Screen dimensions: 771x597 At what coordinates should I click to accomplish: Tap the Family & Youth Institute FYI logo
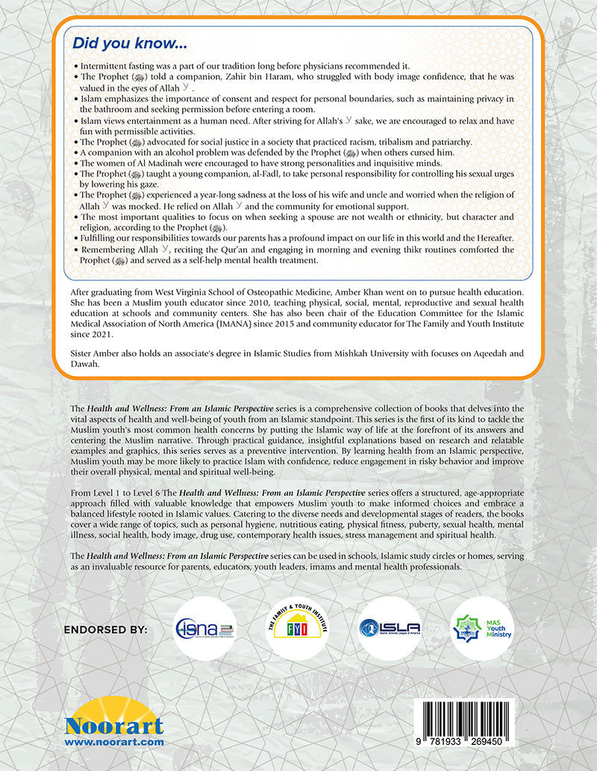(298, 628)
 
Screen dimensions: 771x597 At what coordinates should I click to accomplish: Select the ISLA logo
(389, 628)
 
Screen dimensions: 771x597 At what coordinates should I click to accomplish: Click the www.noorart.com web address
(114, 743)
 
